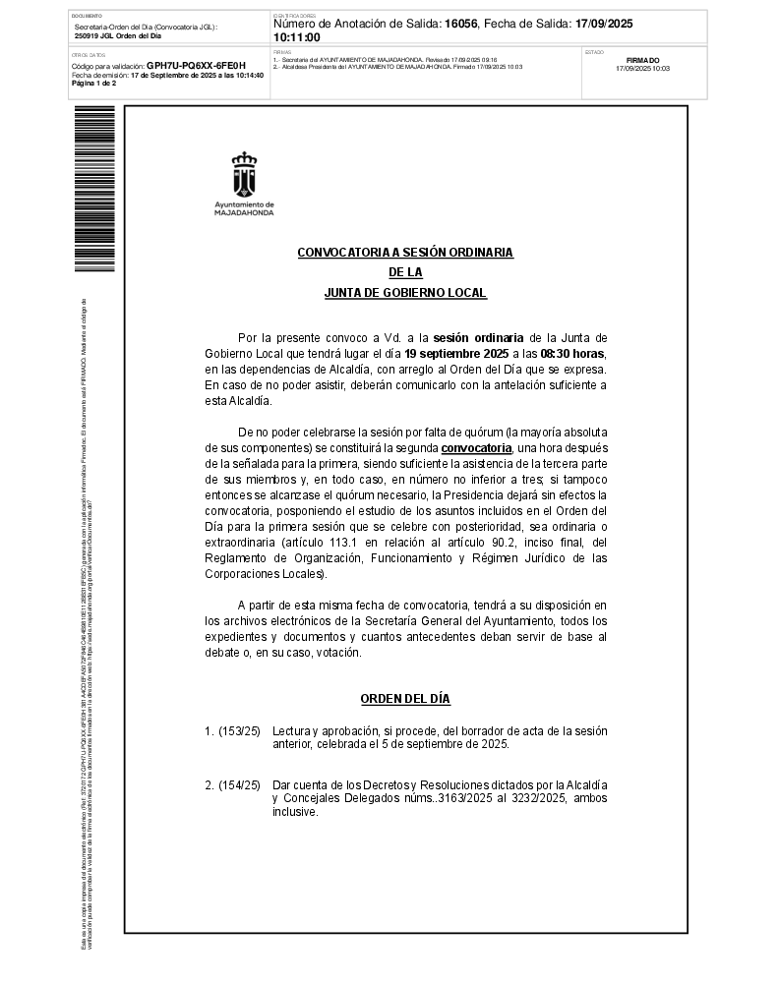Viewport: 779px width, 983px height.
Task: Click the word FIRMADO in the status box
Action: click(642, 60)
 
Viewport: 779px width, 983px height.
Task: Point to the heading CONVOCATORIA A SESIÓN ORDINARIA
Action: click(405, 253)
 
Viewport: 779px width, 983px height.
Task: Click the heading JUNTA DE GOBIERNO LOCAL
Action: click(405, 293)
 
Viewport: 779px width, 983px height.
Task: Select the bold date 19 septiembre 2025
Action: click(456, 353)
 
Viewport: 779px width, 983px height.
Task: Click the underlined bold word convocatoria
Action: click(477, 448)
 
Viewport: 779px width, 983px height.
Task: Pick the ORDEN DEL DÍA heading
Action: click(405, 699)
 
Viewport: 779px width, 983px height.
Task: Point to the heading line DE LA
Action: click(405, 272)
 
